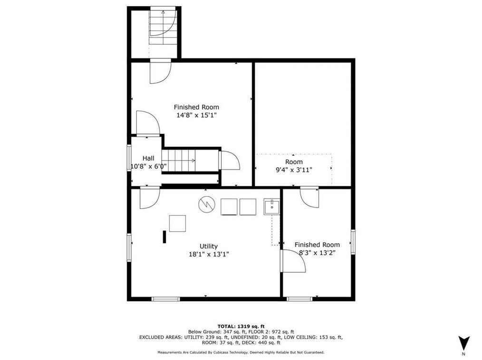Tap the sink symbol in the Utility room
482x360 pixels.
pyautogui.click(x=271, y=207)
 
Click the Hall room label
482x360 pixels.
pyautogui.click(x=148, y=158)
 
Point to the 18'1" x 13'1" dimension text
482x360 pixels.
pyautogui.click(x=208, y=254)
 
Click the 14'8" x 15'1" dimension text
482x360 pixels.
pyautogui.click(x=196, y=115)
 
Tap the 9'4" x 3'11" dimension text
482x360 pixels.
pyautogui.click(x=293, y=170)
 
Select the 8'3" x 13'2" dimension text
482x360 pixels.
pyautogui.click(x=317, y=253)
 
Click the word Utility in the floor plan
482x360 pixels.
pyautogui.click(x=208, y=246)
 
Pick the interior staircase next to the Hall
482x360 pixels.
pyautogui.click(x=178, y=160)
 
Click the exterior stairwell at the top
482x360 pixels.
pyautogui.click(x=163, y=28)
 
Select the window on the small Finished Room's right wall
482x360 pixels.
pyautogui.click(x=353, y=241)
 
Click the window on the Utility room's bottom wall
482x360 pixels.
pyautogui.click(x=165, y=299)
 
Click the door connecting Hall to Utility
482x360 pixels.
pyautogui.click(x=149, y=197)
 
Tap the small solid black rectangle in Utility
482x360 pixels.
pyautogui.click(x=164, y=237)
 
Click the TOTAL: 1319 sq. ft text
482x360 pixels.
pyautogui.click(x=241, y=326)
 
